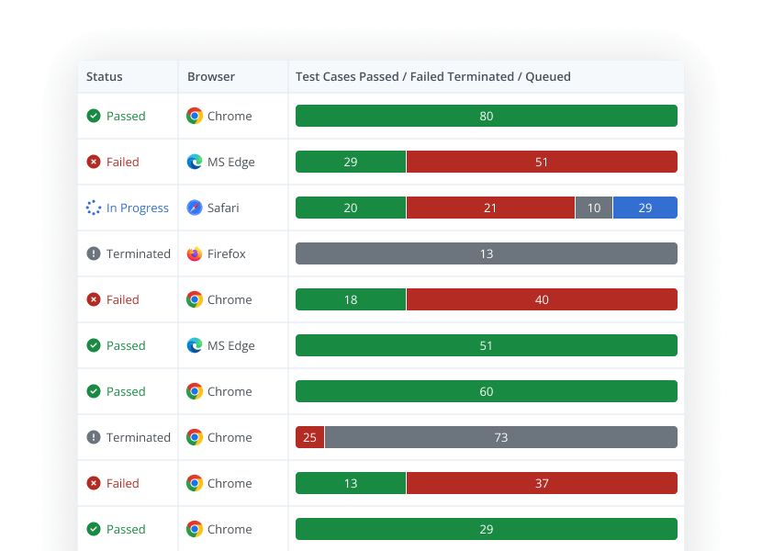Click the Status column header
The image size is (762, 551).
(x=105, y=77)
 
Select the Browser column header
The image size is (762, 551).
(x=211, y=77)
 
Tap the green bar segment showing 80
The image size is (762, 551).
(x=486, y=116)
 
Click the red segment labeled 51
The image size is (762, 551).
(x=542, y=162)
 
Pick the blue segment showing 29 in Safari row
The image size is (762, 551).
(x=644, y=208)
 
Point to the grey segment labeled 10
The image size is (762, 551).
(x=594, y=208)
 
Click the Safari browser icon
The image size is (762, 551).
(x=195, y=208)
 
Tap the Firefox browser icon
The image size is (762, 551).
(x=195, y=253)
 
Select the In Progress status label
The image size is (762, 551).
(x=138, y=208)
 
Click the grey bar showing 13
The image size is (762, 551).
(x=486, y=253)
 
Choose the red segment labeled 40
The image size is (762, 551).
(x=542, y=299)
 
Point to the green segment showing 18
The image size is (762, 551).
(x=351, y=299)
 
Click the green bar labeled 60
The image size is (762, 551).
(x=486, y=391)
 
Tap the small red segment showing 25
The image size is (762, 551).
(x=309, y=437)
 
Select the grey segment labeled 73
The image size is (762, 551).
(x=501, y=437)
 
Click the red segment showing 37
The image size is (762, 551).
(x=542, y=483)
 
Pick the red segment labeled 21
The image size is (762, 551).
(x=490, y=208)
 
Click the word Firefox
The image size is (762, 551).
(x=227, y=253)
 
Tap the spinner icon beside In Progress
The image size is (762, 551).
(x=94, y=208)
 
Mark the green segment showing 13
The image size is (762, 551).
(x=351, y=483)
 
